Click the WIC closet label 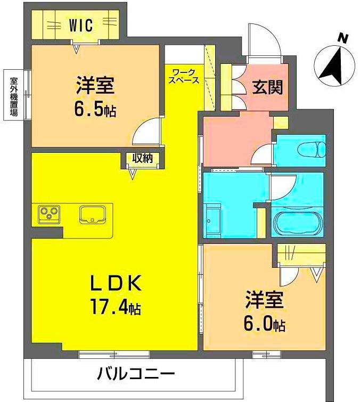(81, 24)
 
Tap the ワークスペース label (184, 77)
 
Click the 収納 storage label (142, 158)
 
